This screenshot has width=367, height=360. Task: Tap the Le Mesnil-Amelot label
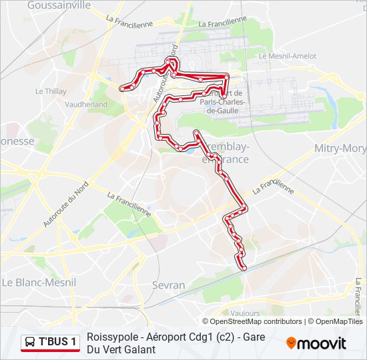click(x=287, y=56)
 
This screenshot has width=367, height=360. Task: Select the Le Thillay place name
click(x=51, y=91)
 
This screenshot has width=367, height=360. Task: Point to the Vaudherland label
click(x=87, y=105)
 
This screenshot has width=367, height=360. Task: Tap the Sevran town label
click(x=168, y=285)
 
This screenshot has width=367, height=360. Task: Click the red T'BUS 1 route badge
click(x=50, y=343)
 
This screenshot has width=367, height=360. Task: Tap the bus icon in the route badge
click(x=31, y=343)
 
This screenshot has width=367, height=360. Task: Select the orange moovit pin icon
click(x=291, y=343)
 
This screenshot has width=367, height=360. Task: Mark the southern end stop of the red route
click(x=244, y=268)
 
